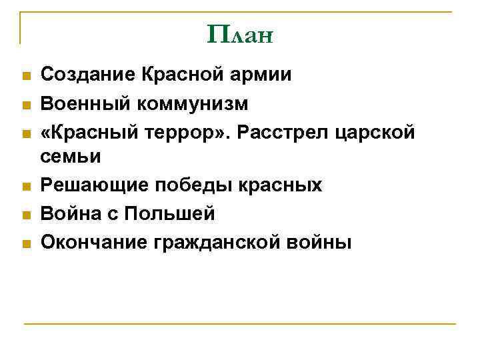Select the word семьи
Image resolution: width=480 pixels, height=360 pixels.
[71, 157]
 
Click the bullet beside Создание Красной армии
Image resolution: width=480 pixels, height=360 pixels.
[25, 75]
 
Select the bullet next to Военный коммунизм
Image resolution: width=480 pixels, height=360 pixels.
[25, 105]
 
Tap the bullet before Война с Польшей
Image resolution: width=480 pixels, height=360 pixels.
[25, 215]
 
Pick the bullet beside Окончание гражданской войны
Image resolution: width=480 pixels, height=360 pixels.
[25, 245]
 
